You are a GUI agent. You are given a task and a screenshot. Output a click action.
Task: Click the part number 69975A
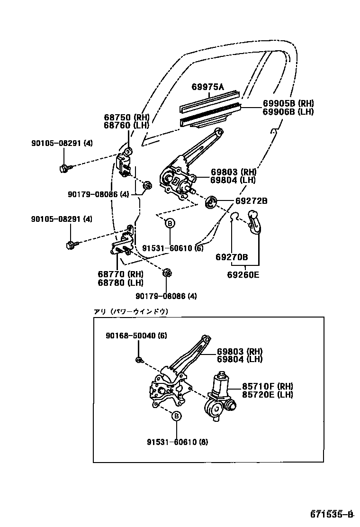coord(207,87)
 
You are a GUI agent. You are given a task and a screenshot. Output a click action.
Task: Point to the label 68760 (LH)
coord(126,126)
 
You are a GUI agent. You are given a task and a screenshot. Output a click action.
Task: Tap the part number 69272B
coord(252,201)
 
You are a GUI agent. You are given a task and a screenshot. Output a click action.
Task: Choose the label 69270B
coord(232,257)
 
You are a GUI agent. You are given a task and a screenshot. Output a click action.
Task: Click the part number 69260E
coord(243,274)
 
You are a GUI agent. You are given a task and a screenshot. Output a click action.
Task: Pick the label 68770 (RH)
coord(121,274)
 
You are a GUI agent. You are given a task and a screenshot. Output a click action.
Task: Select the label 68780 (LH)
coord(121,283)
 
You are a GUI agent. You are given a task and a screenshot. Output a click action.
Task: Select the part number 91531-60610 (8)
coord(177,442)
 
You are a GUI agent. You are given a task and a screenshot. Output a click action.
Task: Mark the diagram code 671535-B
coord(333,514)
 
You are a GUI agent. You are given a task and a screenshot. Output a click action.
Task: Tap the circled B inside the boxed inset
coord(176,416)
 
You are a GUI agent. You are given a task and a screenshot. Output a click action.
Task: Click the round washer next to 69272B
coord(211,202)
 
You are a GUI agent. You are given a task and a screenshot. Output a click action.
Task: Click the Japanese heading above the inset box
coord(131,311)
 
